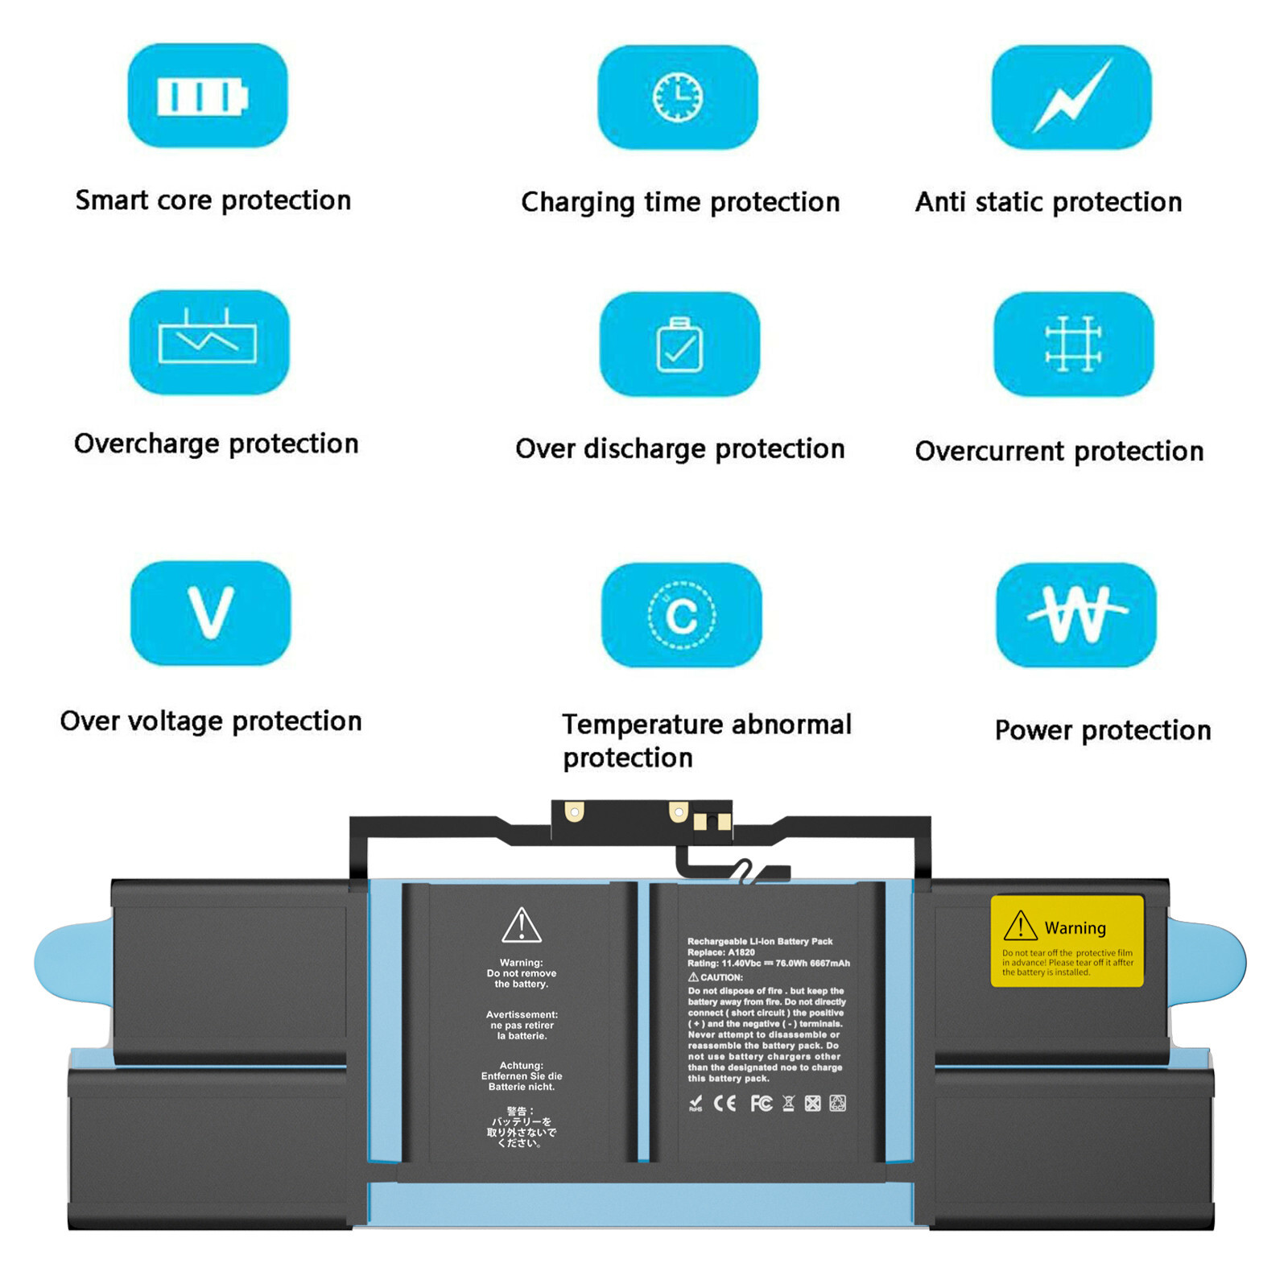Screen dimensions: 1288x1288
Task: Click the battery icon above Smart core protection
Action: [x=202, y=97]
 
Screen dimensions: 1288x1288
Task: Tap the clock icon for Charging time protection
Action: [x=677, y=97]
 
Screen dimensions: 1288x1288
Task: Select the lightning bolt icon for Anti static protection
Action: [x=1071, y=97]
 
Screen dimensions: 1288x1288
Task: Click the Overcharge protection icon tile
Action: [x=208, y=342]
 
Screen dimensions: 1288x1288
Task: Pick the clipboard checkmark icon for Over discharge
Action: [x=679, y=345]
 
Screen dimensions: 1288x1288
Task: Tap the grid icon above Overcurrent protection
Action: [x=1073, y=344]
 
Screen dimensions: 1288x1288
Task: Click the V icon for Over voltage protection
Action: [x=210, y=613]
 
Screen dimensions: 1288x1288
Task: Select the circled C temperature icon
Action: [x=681, y=615]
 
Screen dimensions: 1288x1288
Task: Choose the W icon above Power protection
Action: [x=1076, y=615]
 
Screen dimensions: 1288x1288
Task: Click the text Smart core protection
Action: [x=213, y=200]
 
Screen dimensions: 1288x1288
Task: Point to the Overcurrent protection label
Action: [x=1059, y=452]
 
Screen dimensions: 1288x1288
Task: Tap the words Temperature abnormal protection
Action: [x=706, y=741]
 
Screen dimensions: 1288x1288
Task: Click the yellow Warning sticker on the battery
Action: [x=1067, y=941]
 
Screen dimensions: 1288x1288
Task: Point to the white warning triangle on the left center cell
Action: [x=522, y=926]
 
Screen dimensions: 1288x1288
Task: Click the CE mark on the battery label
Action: [x=724, y=1104]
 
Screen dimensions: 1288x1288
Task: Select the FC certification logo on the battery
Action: [x=761, y=1104]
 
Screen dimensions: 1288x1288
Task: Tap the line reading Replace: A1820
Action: [x=721, y=952]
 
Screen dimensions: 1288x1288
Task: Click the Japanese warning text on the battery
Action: [x=522, y=1127]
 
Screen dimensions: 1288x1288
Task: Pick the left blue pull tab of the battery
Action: [x=72, y=962]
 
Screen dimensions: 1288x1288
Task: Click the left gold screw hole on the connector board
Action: [x=574, y=811]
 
